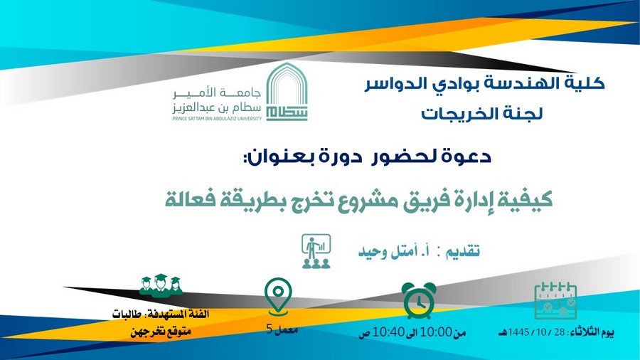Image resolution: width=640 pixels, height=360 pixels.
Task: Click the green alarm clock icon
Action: point(419,301)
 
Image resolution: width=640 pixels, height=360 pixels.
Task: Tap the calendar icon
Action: point(555,300)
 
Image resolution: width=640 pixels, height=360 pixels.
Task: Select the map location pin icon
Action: point(278,297)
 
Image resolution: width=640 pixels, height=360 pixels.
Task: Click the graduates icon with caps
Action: point(161,285)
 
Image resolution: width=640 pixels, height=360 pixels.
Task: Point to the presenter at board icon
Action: point(316,251)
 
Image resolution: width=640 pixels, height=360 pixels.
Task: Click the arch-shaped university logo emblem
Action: point(287,92)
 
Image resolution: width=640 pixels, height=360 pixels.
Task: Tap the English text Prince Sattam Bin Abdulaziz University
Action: point(217,119)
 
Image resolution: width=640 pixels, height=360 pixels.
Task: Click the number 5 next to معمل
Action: point(269,329)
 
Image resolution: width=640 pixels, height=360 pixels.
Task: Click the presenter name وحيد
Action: point(372,252)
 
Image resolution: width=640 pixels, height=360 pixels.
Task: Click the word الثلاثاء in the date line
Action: point(585,332)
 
